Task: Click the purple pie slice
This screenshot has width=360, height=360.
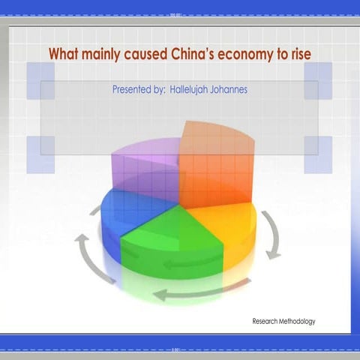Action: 146,169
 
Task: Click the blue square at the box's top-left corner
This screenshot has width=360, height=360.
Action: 40,80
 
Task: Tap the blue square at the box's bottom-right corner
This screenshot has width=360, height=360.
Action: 317,154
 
